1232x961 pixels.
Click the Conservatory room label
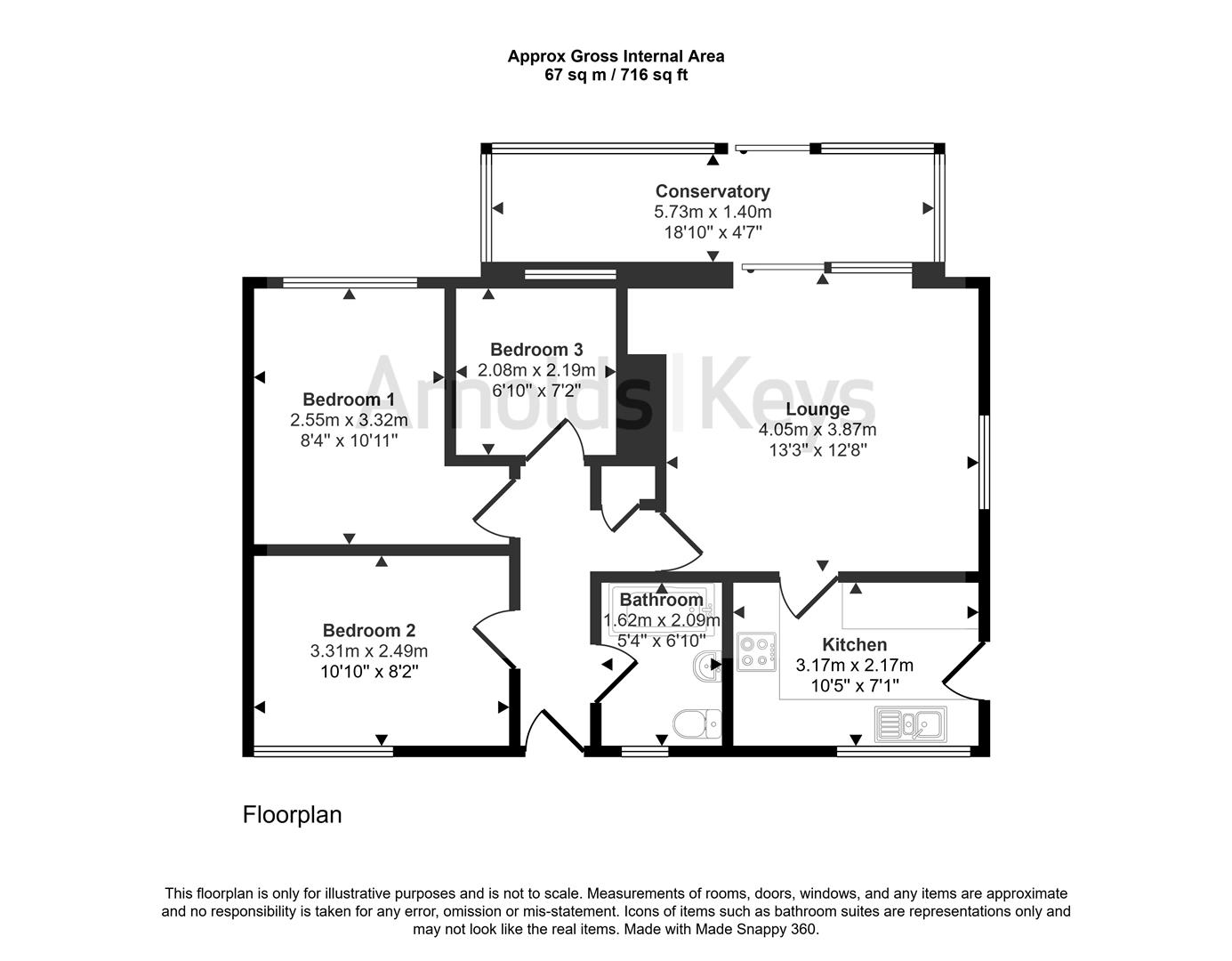click(x=713, y=191)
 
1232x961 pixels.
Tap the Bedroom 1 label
click(x=348, y=400)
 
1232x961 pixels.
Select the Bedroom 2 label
click(x=368, y=631)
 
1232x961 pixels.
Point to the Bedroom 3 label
click(x=536, y=350)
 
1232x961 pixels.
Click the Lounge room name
click(x=817, y=409)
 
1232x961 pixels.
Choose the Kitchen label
click(x=854, y=644)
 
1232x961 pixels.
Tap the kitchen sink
click(x=911, y=723)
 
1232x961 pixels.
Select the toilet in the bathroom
click(x=697, y=723)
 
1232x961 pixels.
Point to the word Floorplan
click(x=292, y=815)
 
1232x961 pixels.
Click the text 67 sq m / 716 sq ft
click(x=616, y=75)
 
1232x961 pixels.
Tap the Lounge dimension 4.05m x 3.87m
click(x=817, y=430)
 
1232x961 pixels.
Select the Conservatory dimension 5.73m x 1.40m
click(x=713, y=212)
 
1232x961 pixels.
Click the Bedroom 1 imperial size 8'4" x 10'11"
click(x=348, y=440)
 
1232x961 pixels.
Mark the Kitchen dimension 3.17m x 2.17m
click(x=854, y=665)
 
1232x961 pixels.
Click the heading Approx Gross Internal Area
click(x=616, y=56)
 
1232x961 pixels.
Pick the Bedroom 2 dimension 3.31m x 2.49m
click(x=368, y=651)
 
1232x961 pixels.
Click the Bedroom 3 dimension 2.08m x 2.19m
click(x=536, y=370)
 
